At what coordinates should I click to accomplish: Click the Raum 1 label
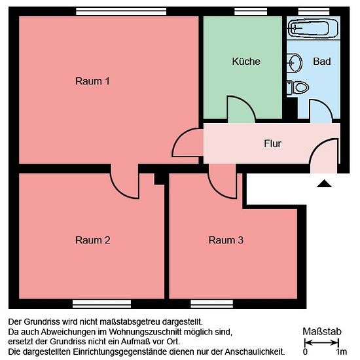click(x=92, y=81)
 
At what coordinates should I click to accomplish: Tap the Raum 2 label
click(x=92, y=240)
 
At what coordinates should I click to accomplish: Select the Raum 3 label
click(x=226, y=240)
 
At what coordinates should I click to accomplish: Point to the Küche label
click(x=246, y=62)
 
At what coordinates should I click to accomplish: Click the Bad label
click(x=322, y=62)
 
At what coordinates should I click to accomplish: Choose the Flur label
click(x=272, y=144)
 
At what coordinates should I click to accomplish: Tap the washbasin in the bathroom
click(x=294, y=62)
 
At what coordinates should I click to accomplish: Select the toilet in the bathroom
click(x=298, y=87)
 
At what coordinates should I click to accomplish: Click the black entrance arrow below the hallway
click(x=324, y=184)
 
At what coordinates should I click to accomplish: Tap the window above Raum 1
click(x=121, y=12)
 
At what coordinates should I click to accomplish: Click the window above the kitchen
click(x=251, y=12)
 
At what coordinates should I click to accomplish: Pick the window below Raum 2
click(x=101, y=304)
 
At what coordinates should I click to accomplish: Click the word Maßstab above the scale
click(x=321, y=332)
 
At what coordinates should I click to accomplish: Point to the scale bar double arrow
click(x=321, y=343)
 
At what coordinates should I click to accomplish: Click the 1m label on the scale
click(x=342, y=351)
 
